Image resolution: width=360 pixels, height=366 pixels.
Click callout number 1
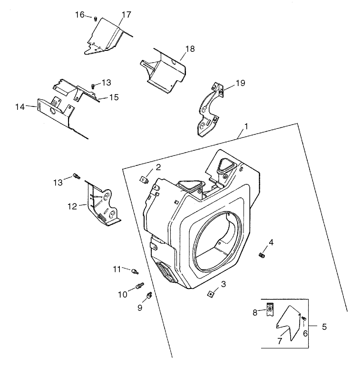point(246,127)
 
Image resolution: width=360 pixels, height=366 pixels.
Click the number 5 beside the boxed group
point(324,327)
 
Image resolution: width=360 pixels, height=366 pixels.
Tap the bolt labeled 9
point(149,296)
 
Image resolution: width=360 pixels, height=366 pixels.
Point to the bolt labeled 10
point(139,287)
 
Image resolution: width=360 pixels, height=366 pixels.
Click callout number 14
point(19,107)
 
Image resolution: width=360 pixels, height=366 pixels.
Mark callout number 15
point(114,97)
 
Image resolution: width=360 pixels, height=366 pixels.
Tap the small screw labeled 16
point(95,19)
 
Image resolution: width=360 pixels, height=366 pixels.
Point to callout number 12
point(72,206)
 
